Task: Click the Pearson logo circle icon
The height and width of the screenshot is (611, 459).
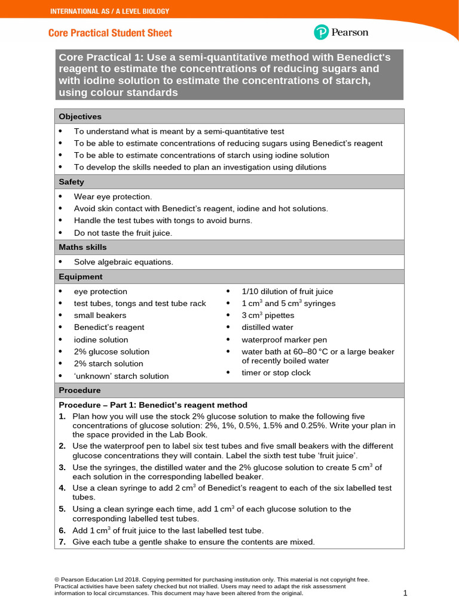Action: [321, 32]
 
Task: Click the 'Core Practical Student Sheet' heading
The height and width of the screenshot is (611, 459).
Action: [110, 33]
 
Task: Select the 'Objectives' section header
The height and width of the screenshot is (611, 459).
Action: [80, 116]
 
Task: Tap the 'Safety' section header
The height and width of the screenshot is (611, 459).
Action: [71, 182]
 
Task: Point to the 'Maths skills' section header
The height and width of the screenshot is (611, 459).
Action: [82, 247]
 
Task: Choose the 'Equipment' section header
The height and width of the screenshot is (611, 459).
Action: [80, 277]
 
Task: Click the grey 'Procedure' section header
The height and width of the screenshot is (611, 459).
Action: [79, 390]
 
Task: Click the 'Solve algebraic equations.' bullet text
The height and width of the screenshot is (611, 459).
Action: [123, 262]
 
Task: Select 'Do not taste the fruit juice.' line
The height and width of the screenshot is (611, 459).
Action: [123, 233]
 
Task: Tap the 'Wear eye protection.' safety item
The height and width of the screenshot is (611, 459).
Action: [113, 196]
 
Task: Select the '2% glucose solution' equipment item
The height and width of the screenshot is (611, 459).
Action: [112, 351]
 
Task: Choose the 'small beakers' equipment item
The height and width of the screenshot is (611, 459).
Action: [100, 315]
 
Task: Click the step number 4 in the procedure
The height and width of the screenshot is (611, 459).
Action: [62, 488]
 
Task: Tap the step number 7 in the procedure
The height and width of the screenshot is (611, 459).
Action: [62, 542]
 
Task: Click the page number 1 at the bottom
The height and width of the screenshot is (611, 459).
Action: [405, 593]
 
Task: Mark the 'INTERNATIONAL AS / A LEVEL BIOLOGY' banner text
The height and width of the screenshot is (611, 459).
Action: [109, 11]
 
